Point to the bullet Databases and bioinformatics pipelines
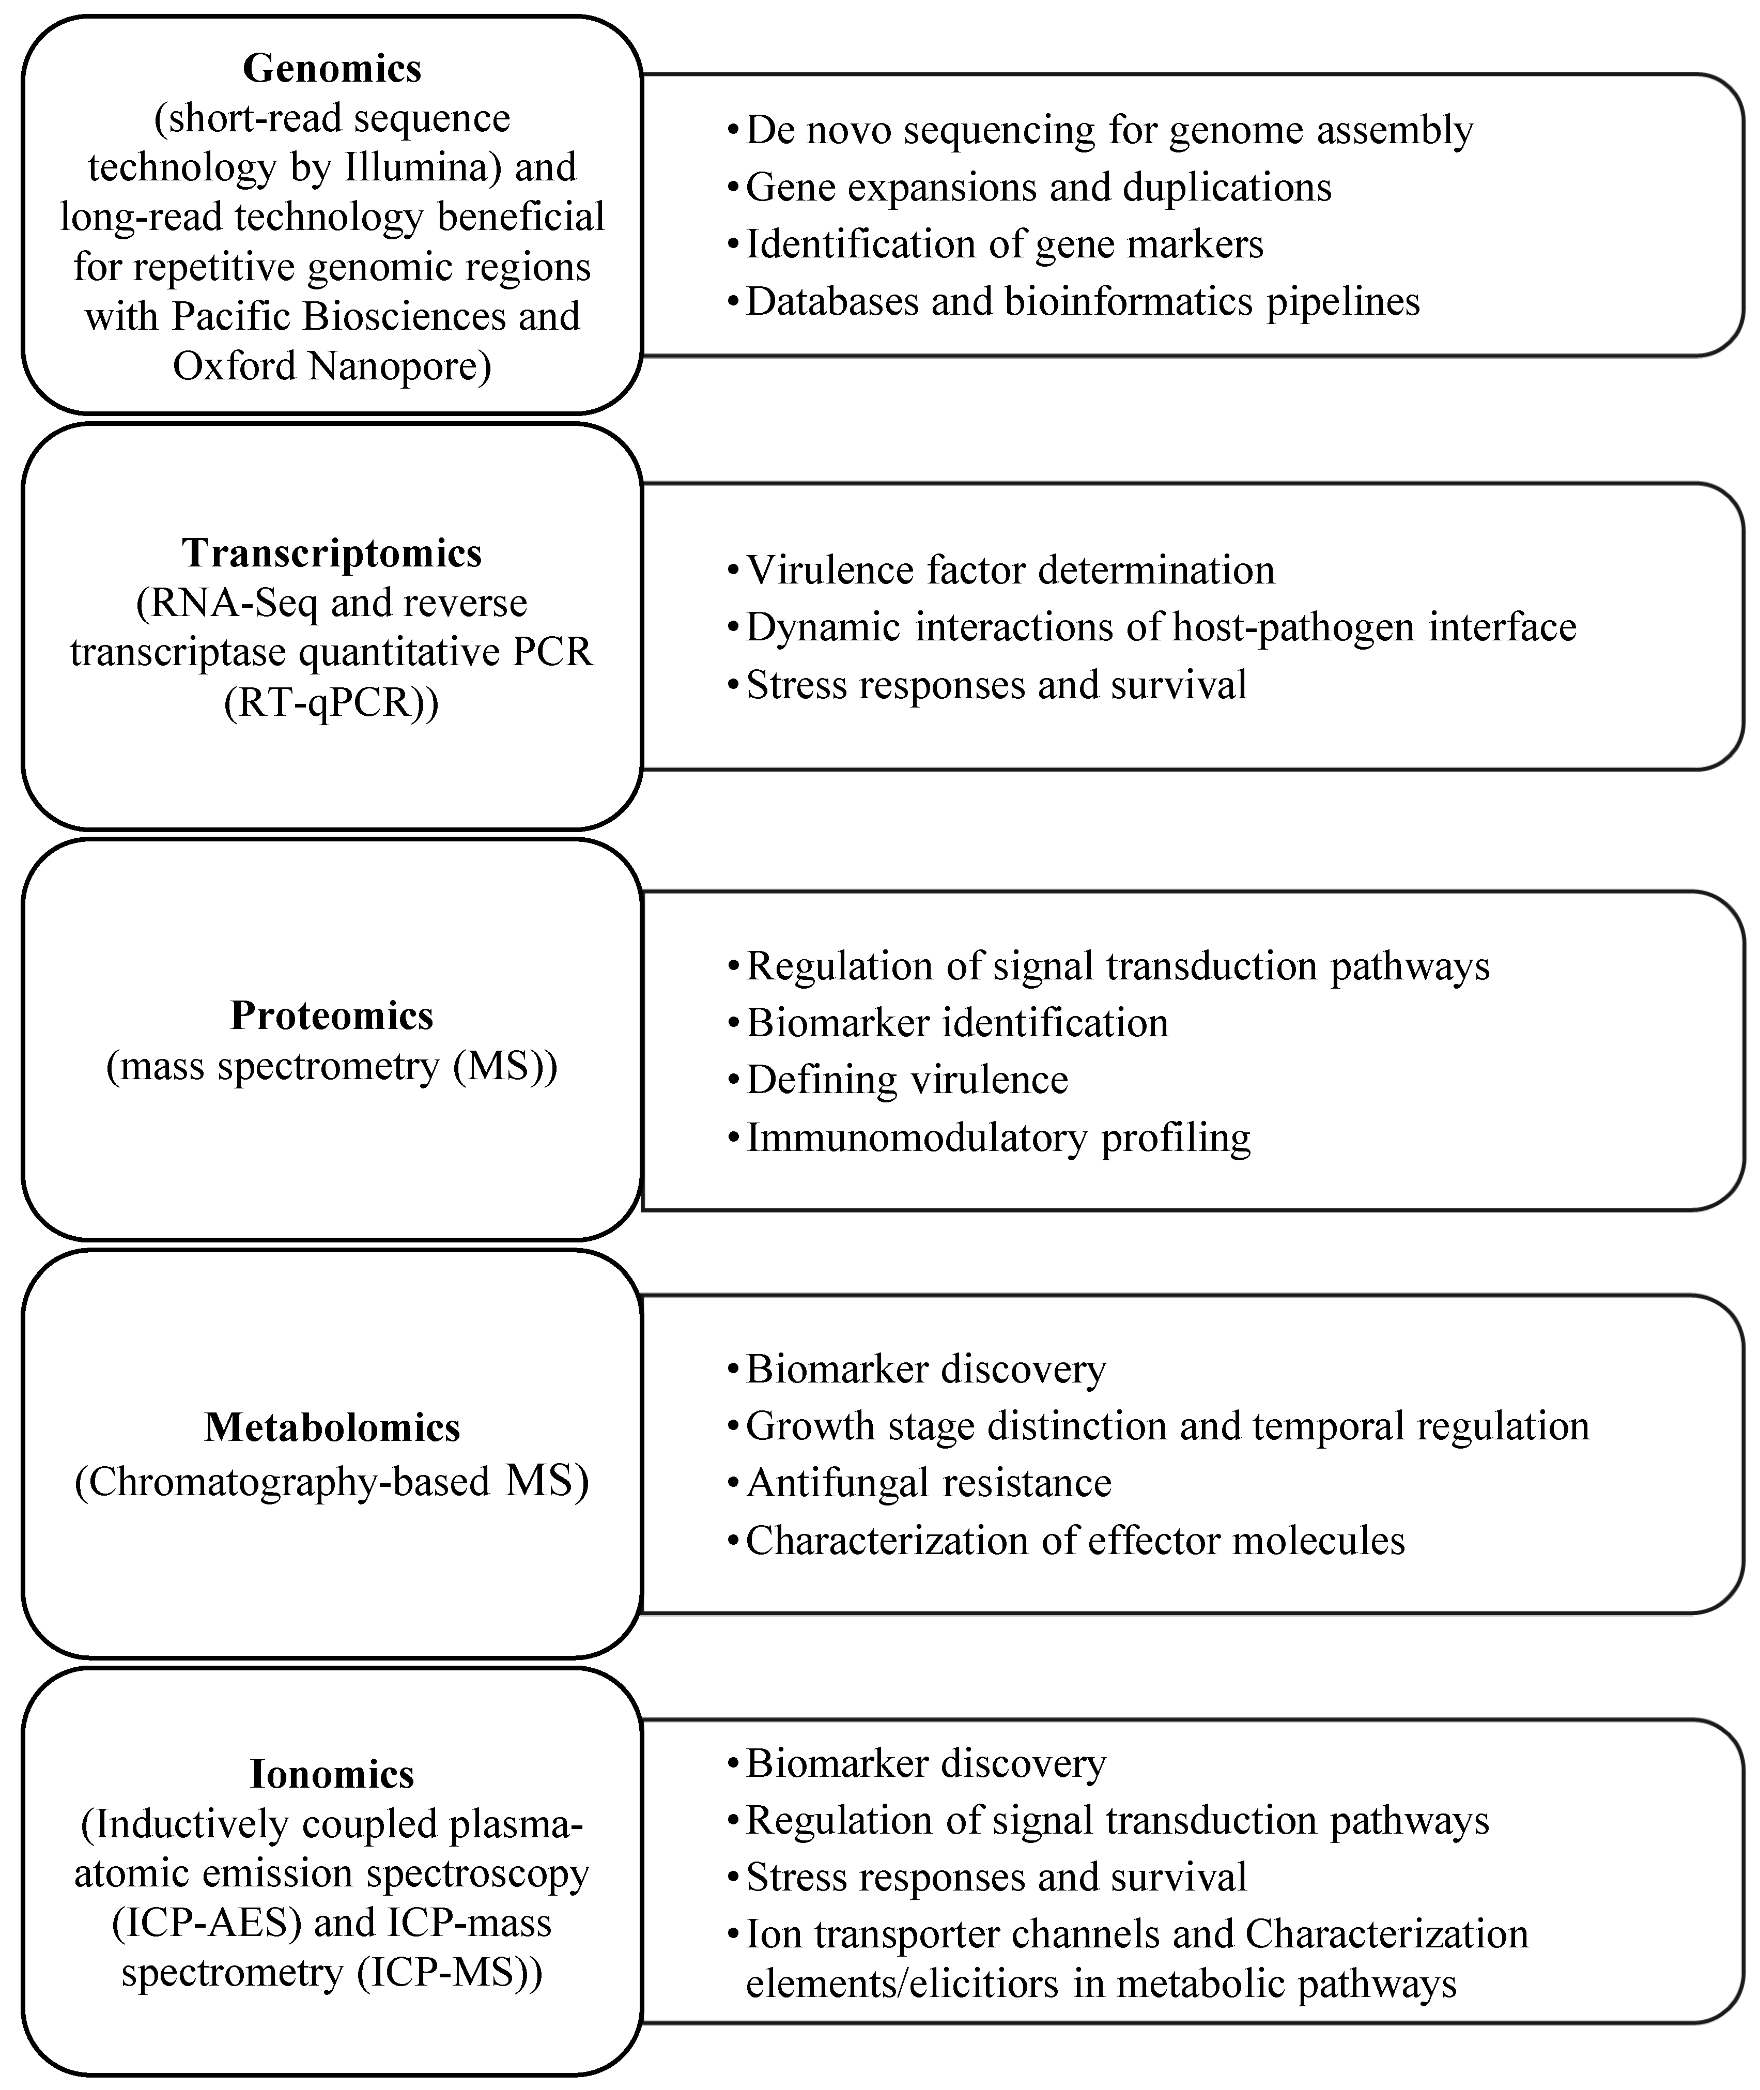(x=1083, y=301)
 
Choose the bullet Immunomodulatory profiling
(x=998, y=1138)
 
